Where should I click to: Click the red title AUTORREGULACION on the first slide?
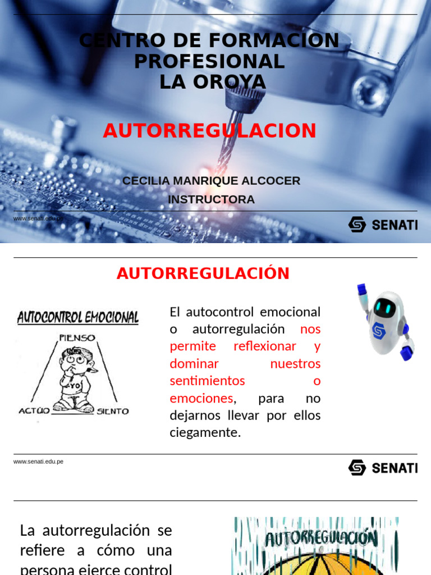[x=209, y=131]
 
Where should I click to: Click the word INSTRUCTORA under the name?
[x=211, y=199]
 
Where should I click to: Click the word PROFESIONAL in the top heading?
[x=209, y=61]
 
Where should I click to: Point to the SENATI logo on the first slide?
[x=383, y=225]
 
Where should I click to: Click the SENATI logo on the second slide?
[x=383, y=467]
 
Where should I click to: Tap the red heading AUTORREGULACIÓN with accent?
[x=203, y=274]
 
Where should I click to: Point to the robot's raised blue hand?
[x=362, y=290]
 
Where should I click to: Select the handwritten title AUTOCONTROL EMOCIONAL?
[x=78, y=318]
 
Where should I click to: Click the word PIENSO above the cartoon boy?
[x=77, y=338]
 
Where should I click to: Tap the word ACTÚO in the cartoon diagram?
[x=34, y=410]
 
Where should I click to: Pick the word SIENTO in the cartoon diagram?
[x=113, y=411]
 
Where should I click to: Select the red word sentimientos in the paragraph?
[x=208, y=381]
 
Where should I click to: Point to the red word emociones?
[x=201, y=398]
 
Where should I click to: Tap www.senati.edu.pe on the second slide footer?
[x=38, y=462]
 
